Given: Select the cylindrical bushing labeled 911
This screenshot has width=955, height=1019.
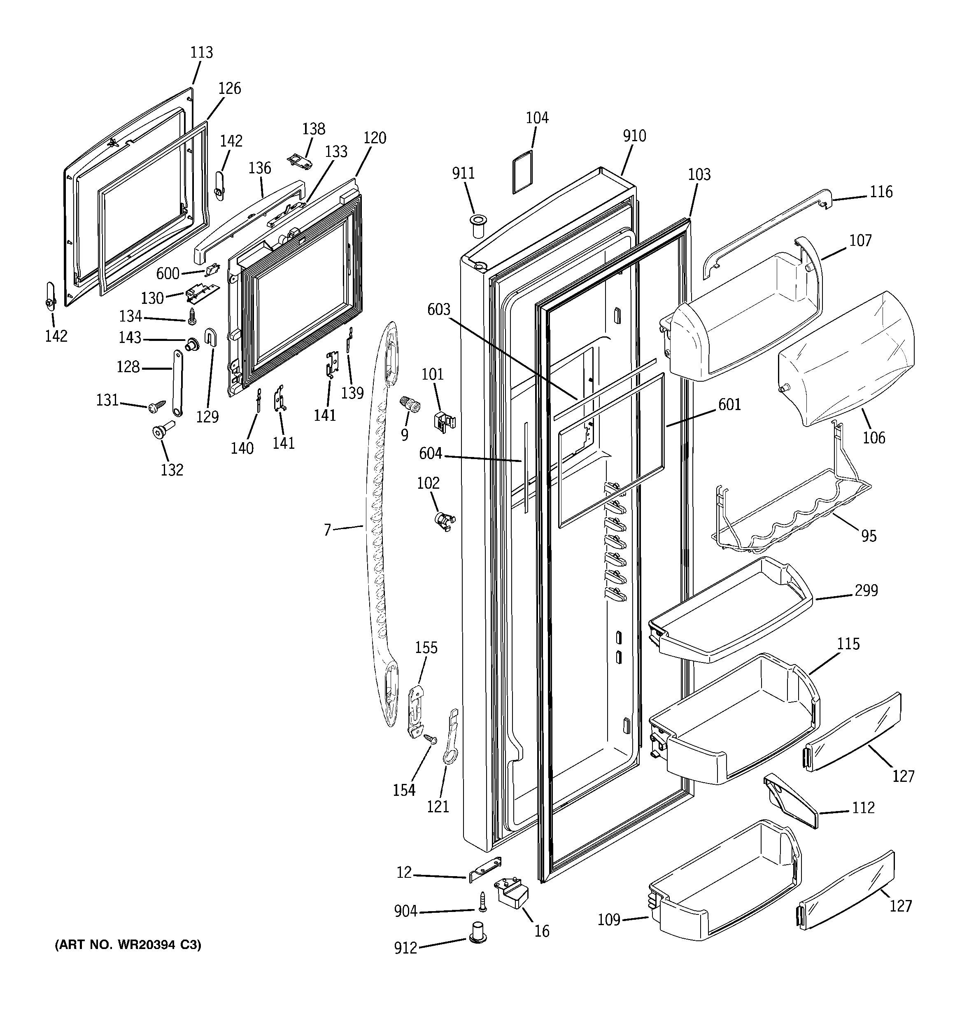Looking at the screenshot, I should pos(477,226).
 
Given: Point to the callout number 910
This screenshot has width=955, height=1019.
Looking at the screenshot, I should pos(634,136).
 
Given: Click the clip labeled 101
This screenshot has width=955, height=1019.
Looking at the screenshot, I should pos(444,420).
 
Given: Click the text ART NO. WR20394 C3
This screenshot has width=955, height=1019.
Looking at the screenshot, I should pos(128,944).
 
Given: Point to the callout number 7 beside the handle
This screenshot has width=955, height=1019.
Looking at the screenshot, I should pos(328,529).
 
